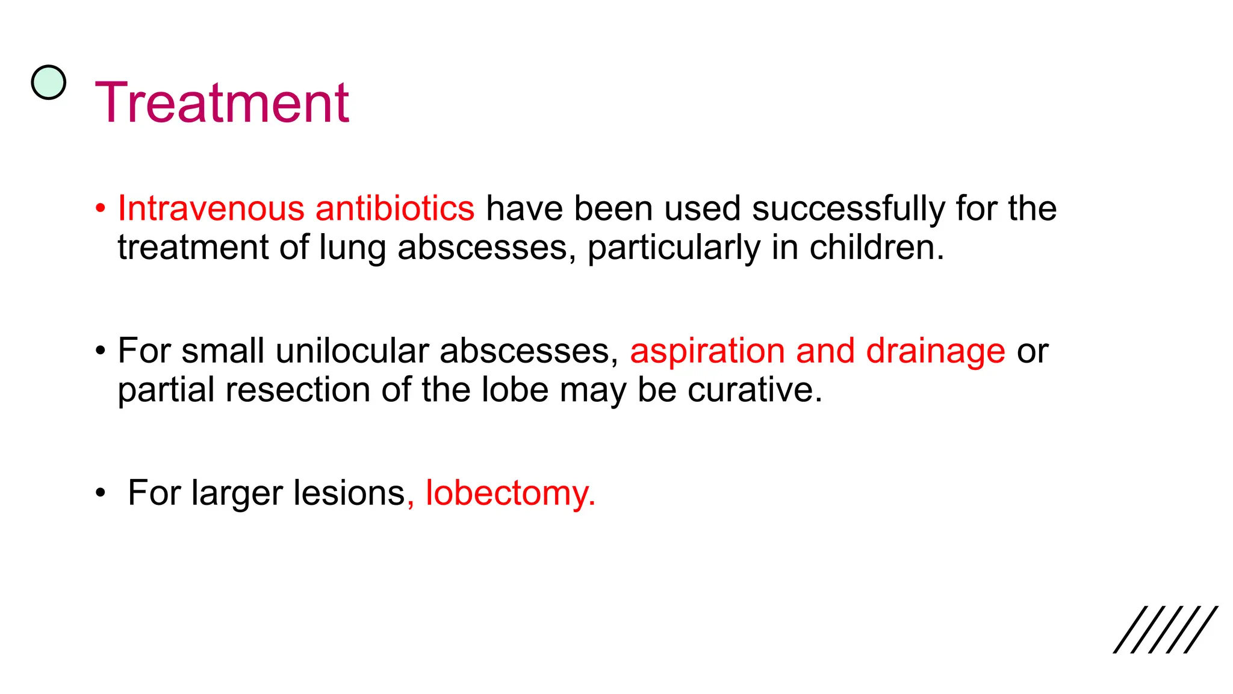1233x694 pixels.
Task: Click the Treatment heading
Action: tap(222, 103)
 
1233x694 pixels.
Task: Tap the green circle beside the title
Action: tap(48, 83)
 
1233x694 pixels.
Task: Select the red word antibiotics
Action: tap(394, 208)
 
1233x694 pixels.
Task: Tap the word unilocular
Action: tap(352, 351)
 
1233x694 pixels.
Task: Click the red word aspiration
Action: tap(707, 352)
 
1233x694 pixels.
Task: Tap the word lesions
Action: tap(349, 493)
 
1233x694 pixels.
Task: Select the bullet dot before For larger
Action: tap(101, 493)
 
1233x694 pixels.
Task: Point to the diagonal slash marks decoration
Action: tap(1165, 630)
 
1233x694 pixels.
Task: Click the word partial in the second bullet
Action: tap(166, 390)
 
